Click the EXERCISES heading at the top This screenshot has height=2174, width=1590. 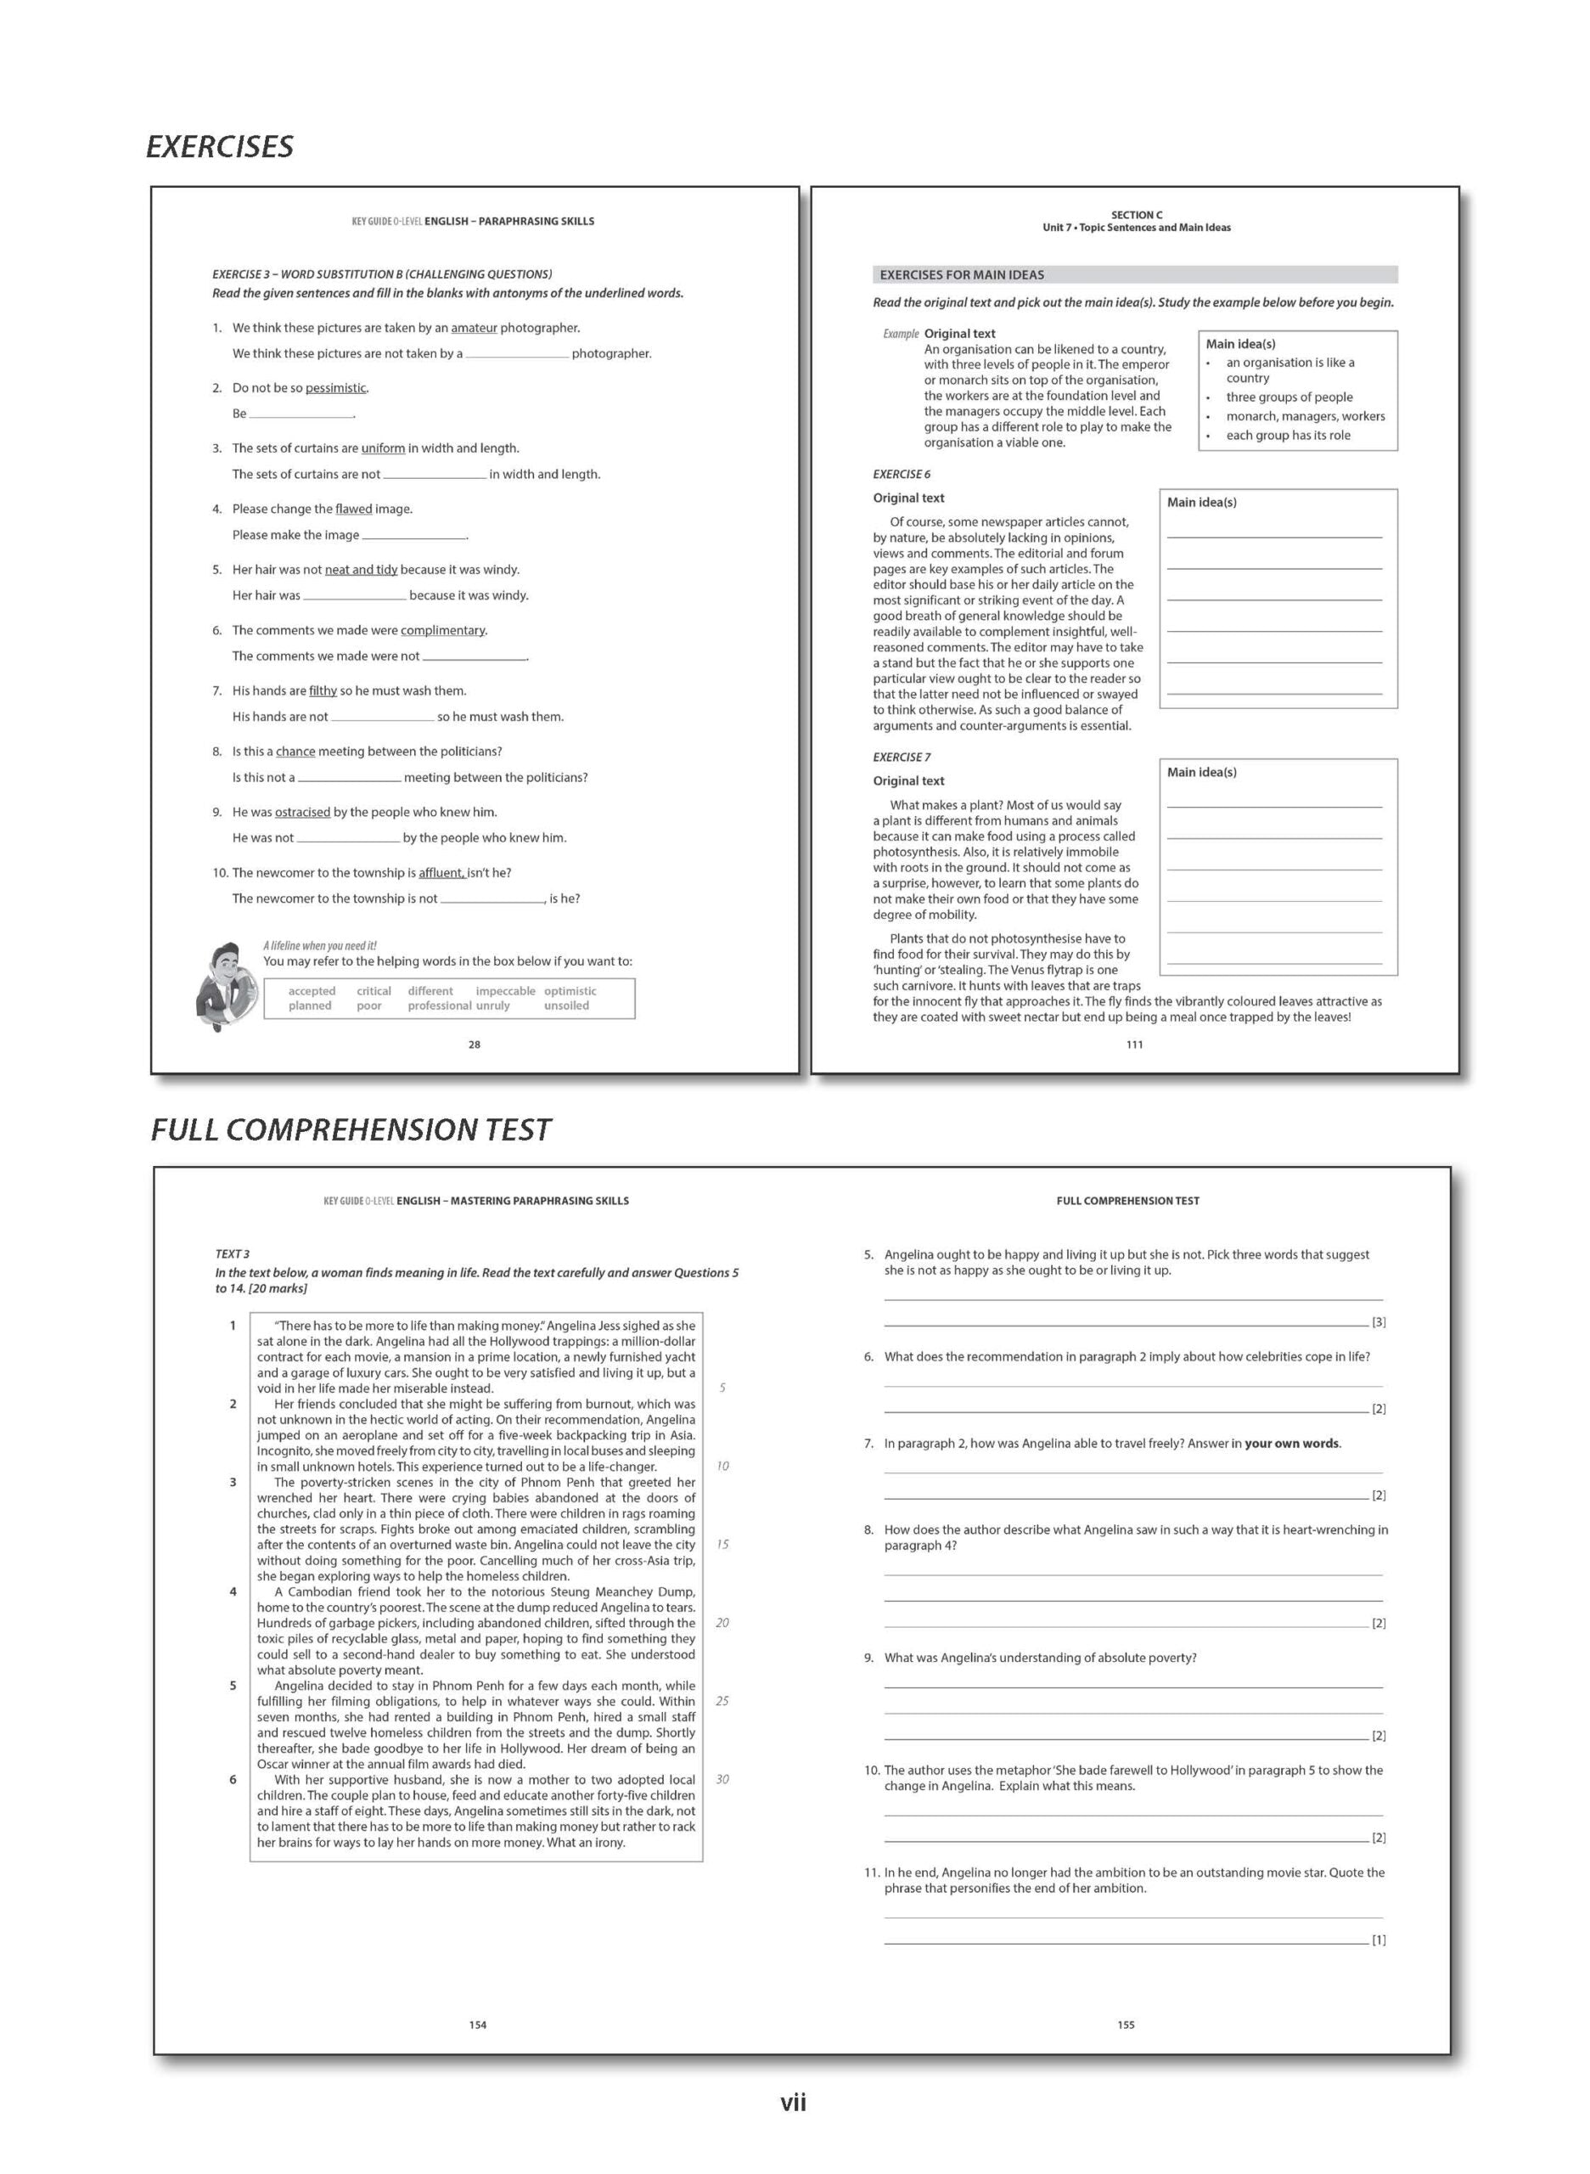220,146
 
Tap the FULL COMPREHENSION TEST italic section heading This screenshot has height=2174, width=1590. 351,1129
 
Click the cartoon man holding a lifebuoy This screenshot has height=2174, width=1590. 225,985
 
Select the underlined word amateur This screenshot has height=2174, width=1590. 474,329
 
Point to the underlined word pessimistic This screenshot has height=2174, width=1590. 336,388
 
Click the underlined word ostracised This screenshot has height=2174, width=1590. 302,813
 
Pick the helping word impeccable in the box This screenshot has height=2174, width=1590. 504,991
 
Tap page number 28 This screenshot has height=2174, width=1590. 474,1045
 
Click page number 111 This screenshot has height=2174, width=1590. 1134,1045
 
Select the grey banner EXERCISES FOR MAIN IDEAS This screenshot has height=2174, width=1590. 1134,275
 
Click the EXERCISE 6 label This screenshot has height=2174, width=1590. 901,475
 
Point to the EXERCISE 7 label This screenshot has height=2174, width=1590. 901,758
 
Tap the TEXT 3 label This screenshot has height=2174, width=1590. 232,1254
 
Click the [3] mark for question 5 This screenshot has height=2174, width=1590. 1379,1323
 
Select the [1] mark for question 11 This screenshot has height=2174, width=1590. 1379,1941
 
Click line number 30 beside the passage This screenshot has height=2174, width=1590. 722,1779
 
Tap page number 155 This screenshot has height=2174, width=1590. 1126,2025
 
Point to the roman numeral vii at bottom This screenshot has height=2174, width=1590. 793,2104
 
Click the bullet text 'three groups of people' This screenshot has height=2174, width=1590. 1289,397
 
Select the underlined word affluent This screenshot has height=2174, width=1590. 441,873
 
